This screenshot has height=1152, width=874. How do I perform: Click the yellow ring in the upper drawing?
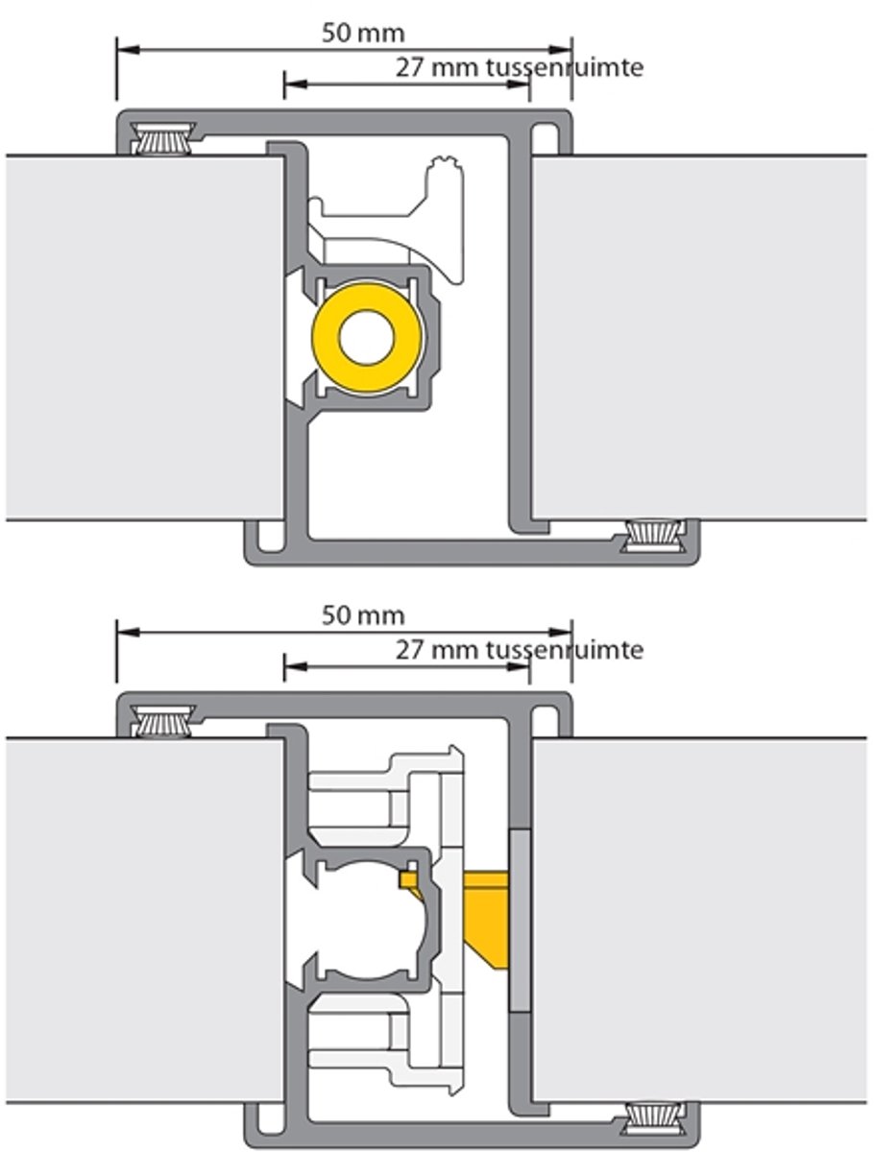[326, 338]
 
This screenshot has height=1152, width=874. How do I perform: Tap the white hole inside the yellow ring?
[366, 338]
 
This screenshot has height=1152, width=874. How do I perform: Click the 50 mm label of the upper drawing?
[363, 34]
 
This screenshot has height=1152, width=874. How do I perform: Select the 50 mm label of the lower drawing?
[363, 615]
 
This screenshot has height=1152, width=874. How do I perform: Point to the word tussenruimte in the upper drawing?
[565, 68]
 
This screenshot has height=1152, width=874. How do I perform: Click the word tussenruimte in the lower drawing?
[565, 650]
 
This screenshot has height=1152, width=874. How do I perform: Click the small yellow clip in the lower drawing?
[411, 883]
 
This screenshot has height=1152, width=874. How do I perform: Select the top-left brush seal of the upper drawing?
[163, 138]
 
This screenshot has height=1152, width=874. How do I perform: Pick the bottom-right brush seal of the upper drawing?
[653, 536]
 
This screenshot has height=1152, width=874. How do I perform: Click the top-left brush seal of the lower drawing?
[163, 721]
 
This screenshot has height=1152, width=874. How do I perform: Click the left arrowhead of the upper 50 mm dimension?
[128, 50]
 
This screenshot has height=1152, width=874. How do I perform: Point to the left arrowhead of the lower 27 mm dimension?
[296, 667]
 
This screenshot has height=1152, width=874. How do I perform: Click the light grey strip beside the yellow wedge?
[521, 921]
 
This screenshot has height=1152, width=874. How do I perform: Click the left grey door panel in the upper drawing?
[145, 338]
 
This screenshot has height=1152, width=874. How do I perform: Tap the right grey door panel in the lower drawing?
[698, 920]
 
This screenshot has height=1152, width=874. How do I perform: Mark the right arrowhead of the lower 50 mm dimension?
[560, 633]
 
